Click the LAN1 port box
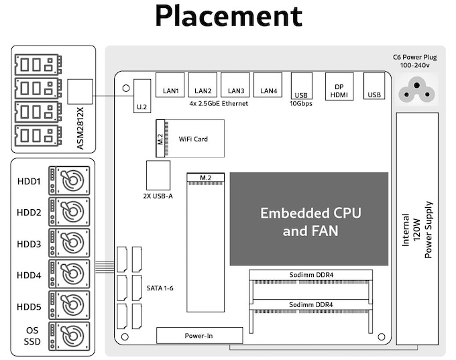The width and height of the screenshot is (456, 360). pos(170,84)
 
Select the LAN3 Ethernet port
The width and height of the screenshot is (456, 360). pos(235,84)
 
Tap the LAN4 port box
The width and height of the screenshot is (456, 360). pos(268,84)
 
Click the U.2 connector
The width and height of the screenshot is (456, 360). pos(142,96)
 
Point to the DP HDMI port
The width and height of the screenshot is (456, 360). pos(339,86)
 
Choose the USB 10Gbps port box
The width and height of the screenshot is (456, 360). pos(302,86)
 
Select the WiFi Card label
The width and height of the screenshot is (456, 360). pos(193,139)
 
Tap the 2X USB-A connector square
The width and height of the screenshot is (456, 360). pos(158,176)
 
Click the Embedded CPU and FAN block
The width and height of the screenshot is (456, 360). pos(309,219)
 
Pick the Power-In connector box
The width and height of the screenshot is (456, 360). pos(200,336)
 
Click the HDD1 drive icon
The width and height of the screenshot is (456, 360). pos(69,180)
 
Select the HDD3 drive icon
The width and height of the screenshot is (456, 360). pos(69,243)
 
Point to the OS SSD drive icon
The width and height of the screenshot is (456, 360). pos(69,337)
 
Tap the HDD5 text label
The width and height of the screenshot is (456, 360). pos(29,307)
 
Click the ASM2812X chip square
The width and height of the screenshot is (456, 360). pos(80,92)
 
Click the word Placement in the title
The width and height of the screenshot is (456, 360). pos(229,15)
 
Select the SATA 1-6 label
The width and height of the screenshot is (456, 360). pos(160,288)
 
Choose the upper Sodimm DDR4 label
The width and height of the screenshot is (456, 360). pos(311,275)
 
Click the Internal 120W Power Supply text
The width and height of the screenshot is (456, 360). pos(417,230)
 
